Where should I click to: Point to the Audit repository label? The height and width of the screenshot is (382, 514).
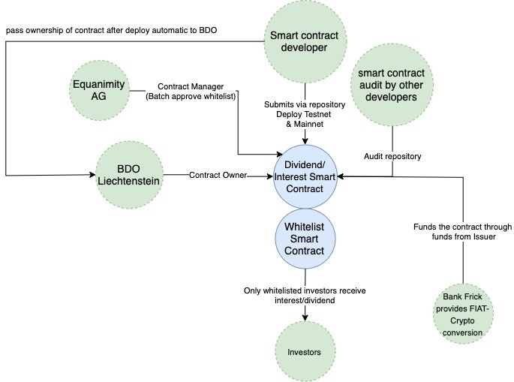point(392,156)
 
